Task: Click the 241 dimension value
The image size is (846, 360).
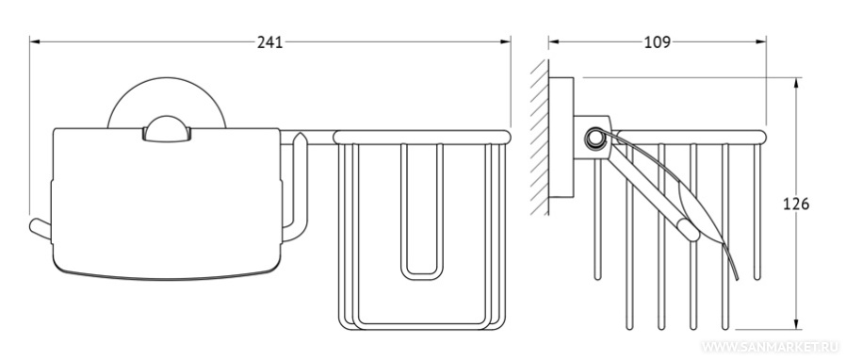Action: click(x=269, y=42)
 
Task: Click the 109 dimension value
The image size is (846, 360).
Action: click(x=658, y=42)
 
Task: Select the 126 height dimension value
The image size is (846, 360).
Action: click(x=796, y=204)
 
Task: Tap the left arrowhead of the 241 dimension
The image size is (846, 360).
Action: click(x=36, y=41)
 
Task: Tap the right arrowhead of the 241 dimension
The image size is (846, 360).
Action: click(x=505, y=41)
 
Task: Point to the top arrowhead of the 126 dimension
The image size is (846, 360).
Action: click(x=796, y=84)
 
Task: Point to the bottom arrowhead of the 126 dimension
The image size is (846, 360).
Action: click(x=796, y=322)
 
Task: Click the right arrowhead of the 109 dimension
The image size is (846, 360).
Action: click(x=760, y=41)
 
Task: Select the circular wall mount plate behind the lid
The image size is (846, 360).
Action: click(x=167, y=88)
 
